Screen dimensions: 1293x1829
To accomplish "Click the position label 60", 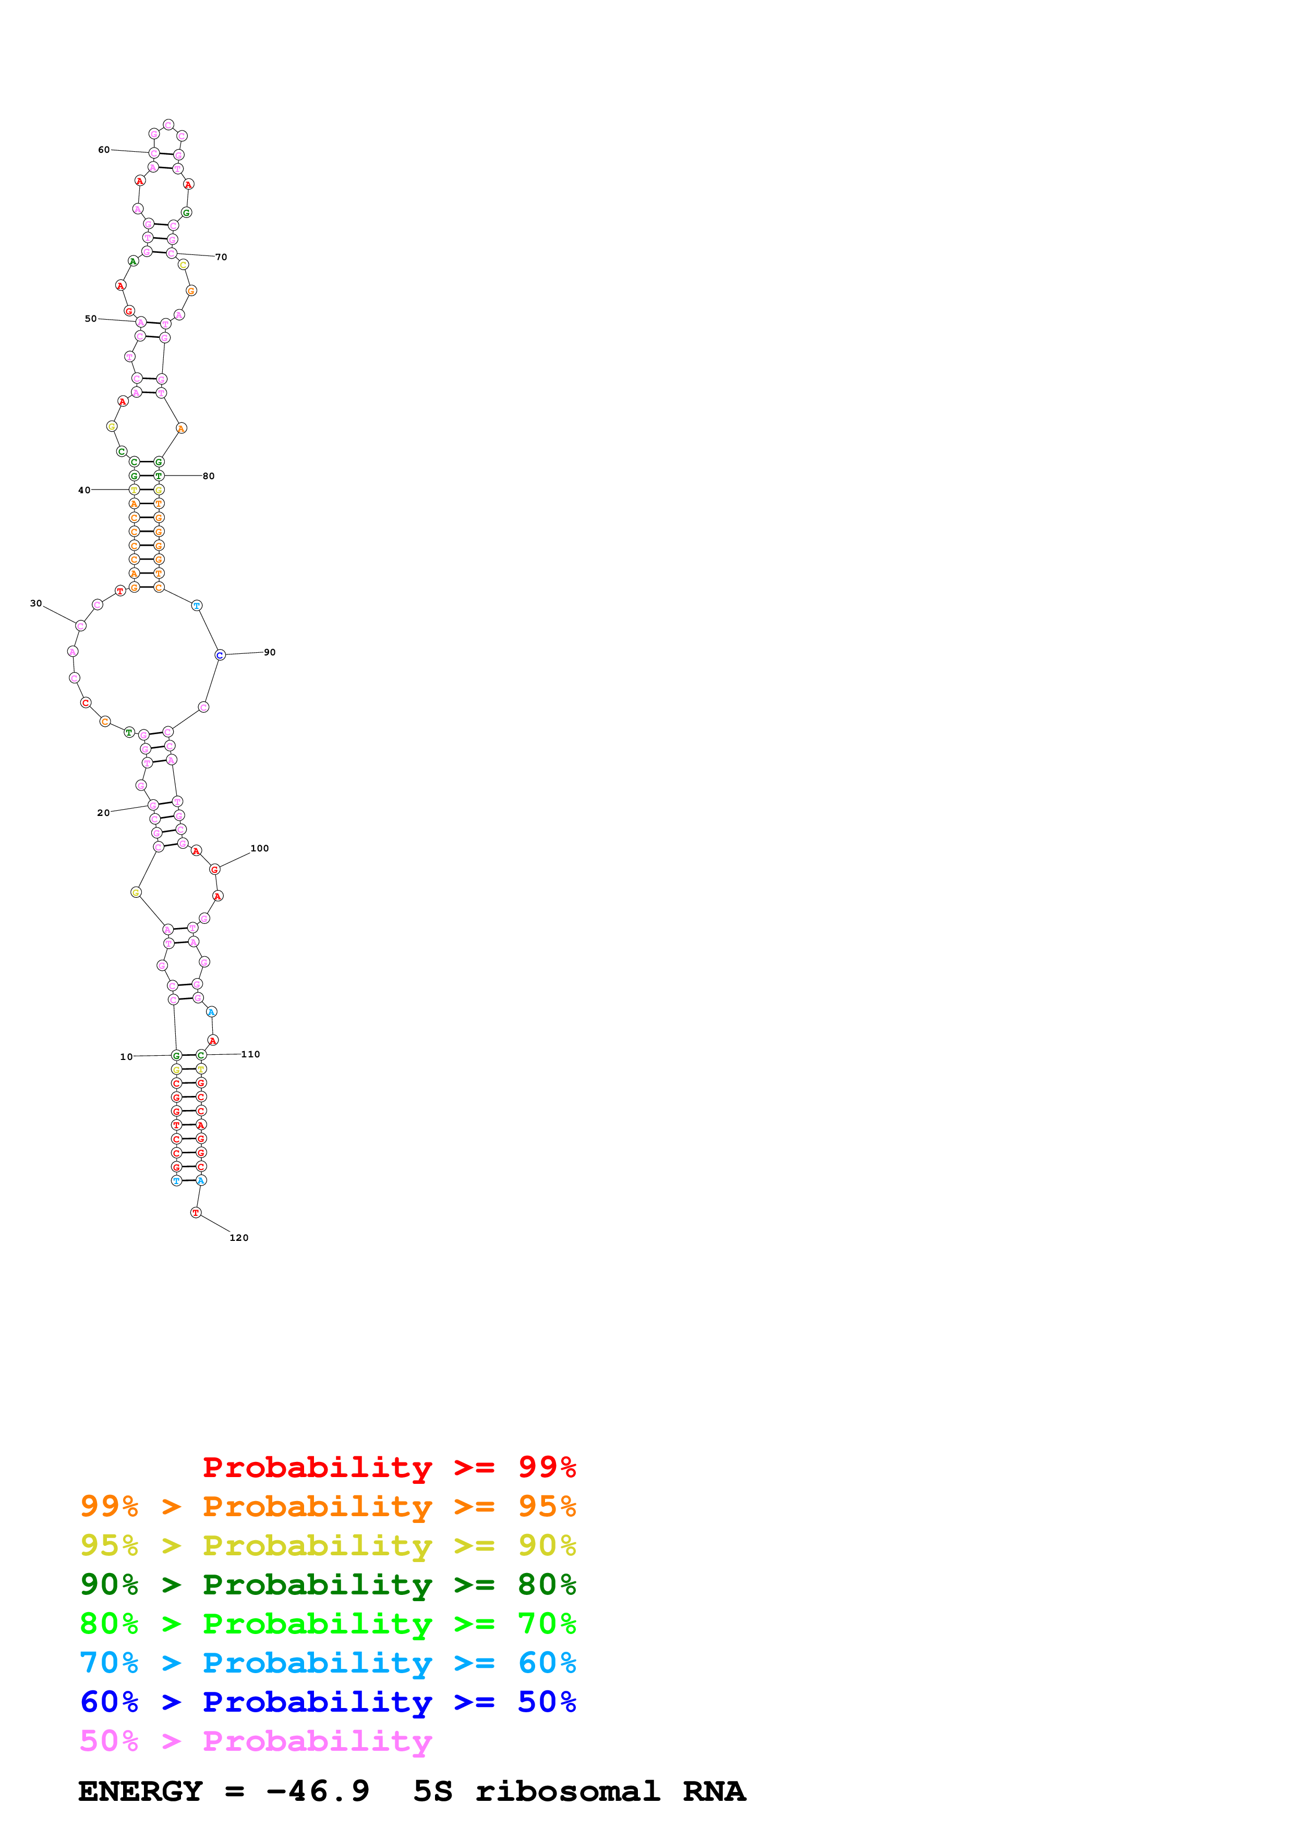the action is pyautogui.click(x=104, y=150).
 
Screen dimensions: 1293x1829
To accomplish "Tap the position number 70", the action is pyautogui.click(x=222, y=258).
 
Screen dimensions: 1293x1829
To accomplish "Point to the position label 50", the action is pyautogui.click(x=91, y=319).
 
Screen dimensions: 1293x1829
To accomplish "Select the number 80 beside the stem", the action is pyautogui.click(x=209, y=477).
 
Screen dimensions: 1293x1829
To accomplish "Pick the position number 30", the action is pyautogui.click(x=36, y=603).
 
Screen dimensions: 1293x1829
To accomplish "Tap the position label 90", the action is pyautogui.click(x=270, y=652).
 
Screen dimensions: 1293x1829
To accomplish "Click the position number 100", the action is pyautogui.click(x=260, y=848).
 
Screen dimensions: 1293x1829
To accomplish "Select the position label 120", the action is pyautogui.click(x=239, y=1237).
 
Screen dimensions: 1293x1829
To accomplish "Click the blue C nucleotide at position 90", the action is pyautogui.click(x=220, y=655).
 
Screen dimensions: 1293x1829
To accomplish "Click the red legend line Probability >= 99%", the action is pyautogui.click(x=389, y=1467).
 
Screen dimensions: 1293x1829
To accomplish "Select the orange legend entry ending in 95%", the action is pyautogui.click(x=328, y=1506).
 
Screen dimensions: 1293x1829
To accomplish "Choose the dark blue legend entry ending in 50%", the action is pyautogui.click(x=328, y=1702).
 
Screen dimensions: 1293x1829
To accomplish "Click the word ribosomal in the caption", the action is pyautogui.click(x=567, y=1791).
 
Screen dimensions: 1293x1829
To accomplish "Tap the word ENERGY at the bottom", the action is pyautogui.click(x=140, y=1791).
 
